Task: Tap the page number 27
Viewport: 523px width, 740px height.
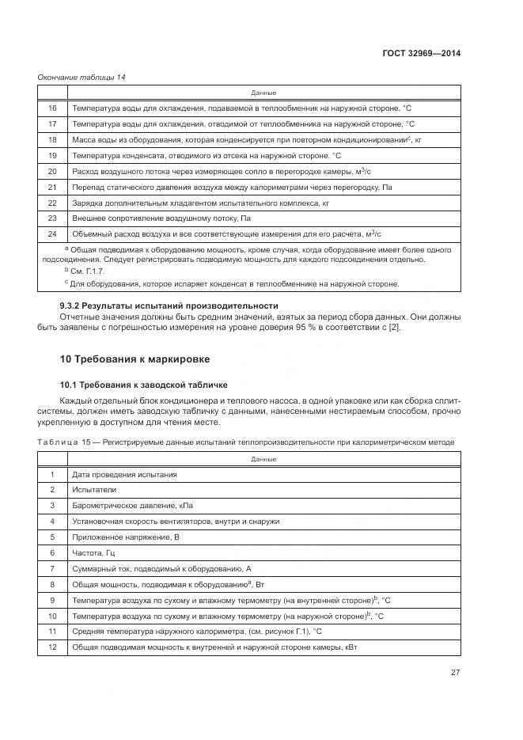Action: click(x=455, y=673)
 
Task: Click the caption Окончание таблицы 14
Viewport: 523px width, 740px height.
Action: click(x=81, y=77)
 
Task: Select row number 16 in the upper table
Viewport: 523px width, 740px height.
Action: click(x=53, y=108)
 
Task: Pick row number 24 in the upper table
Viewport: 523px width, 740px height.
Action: click(x=53, y=233)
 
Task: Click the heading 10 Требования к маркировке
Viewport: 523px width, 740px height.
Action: click(x=135, y=359)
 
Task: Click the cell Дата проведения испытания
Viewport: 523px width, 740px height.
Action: click(x=124, y=475)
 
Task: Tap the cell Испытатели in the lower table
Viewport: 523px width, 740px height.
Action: click(x=95, y=490)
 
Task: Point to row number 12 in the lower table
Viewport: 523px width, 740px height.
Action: click(x=53, y=647)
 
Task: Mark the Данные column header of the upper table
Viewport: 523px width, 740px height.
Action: click(x=263, y=93)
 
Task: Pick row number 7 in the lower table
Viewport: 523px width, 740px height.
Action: click(x=53, y=568)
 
